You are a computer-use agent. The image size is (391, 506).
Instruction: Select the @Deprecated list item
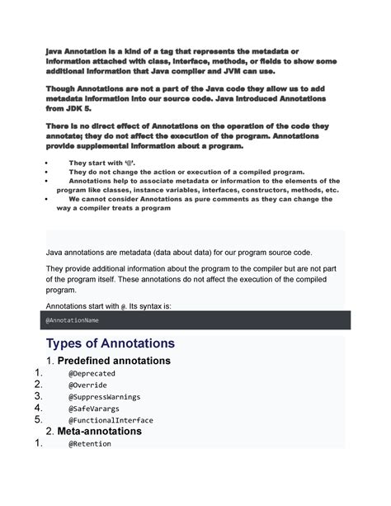click(x=92, y=373)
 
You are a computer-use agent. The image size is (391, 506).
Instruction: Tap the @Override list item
click(x=87, y=385)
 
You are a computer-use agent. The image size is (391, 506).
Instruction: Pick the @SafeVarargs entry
click(x=93, y=408)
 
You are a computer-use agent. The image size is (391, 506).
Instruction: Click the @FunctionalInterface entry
click(x=111, y=419)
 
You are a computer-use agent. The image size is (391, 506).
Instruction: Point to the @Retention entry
click(x=89, y=443)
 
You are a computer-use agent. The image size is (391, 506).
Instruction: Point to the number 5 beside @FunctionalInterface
click(x=37, y=419)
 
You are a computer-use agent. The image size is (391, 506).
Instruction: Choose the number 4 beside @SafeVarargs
click(x=37, y=408)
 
